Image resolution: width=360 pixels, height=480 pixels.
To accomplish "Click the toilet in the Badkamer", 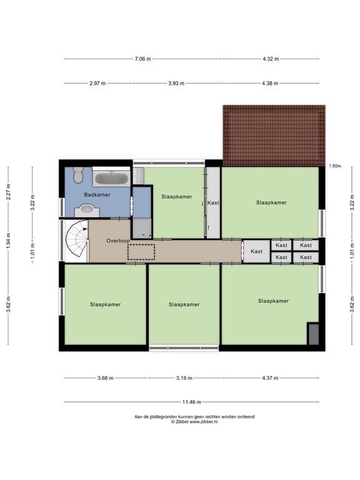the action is pyautogui.click(x=78, y=174).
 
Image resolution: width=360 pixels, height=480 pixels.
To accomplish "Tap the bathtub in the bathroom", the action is pyautogui.click(x=111, y=178).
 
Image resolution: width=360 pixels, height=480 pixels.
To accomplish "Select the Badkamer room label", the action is pyautogui.click(x=97, y=195).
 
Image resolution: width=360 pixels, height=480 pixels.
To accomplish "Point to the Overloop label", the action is pyautogui.click(x=118, y=241).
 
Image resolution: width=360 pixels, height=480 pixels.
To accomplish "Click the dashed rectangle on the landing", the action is pyautogui.click(x=141, y=252).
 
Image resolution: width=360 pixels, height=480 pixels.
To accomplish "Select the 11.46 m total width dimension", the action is pyautogui.click(x=192, y=402).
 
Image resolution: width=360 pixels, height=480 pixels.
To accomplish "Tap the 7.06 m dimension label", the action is pyautogui.click(x=142, y=59).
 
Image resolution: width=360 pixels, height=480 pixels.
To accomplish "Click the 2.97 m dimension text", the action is pyautogui.click(x=97, y=83).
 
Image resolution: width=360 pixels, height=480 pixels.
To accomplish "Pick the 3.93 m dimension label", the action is pyautogui.click(x=176, y=83).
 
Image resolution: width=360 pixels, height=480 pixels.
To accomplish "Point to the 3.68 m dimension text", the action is pyautogui.click(x=105, y=378).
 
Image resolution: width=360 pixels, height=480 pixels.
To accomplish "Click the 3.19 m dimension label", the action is pyautogui.click(x=184, y=378).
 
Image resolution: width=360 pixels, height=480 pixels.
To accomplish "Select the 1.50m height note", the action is pyautogui.click(x=335, y=166).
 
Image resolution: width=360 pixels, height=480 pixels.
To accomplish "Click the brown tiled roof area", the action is pyautogui.click(x=274, y=136).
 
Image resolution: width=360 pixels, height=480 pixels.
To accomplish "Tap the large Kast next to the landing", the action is pyautogui.click(x=256, y=251).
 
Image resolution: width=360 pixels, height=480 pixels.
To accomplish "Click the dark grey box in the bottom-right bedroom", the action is pyautogui.click(x=314, y=334).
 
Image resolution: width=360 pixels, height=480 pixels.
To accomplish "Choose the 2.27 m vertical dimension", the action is pyautogui.click(x=9, y=192).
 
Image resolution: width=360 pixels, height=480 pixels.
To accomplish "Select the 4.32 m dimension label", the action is pyautogui.click(x=271, y=59).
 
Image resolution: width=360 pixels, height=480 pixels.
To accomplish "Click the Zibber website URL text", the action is pyautogui.click(x=204, y=421).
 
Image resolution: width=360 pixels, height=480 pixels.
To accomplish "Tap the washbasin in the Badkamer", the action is pyautogui.click(x=87, y=210).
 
